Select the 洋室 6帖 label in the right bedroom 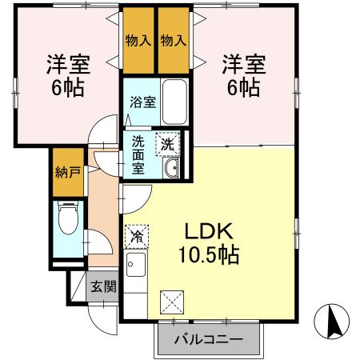242,74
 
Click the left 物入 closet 138,40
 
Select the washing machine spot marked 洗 168,143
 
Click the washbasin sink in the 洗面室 170,168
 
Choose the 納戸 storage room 66,171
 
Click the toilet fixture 67,219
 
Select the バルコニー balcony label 208,340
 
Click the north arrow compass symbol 335,322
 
